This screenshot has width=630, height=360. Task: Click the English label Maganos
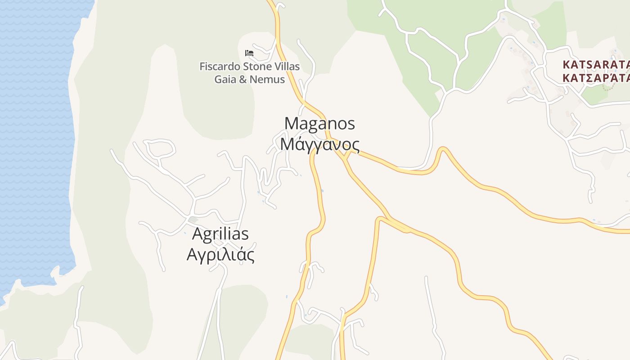pos(319,123)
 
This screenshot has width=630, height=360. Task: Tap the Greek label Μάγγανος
pos(319,144)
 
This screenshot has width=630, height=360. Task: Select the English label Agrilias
pos(220,234)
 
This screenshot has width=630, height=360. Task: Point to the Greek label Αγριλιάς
pos(220,255)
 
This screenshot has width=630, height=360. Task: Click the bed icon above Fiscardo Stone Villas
pos(249,53)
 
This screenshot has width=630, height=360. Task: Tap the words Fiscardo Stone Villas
pos(249,67)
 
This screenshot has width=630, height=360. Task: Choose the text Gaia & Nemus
pos(249,80)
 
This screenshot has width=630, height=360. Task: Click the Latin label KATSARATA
pos(596,64)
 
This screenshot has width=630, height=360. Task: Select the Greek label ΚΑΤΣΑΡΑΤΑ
pos(596,77)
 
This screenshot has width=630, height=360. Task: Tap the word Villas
pos(286,67)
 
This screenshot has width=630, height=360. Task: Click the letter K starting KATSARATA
pos(567,64)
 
